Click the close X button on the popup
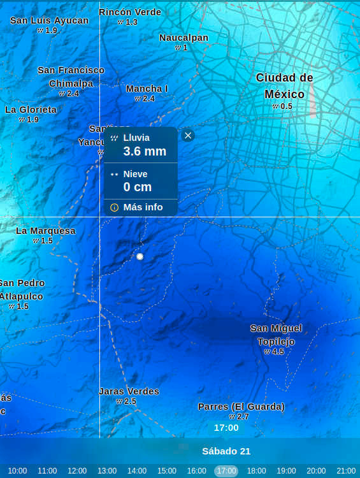pyautogui.click(x=187, y=135)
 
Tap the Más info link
pyautogui.click(x=143, y=207)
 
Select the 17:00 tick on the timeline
pyautogui.click(x=226, y=471)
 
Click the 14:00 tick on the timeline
pyautogui.click(x=136, y=471)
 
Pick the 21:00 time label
pyautogui.click(x=346, y=471)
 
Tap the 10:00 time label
pyautogui.click(x=17, y=471)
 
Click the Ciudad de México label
pyautogui.click(x=284, y=85)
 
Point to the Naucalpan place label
pyautogui.click(x=184, y=38)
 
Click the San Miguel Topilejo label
pyautogui.click(x=276, y=335)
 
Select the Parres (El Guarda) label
pyautogui.click(x=241, y=407)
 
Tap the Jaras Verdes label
pyautogui.click(x=129, y=391)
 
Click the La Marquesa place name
pyautogui.click(x=46, y=231)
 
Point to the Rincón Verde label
pyautogui.click(x=130, y=12)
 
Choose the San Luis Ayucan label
pyautogui.click(x=49, y=20)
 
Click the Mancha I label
pyautogui.click(x=147, y=89)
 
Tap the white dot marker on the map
pyautogui.click(x=140, y=256)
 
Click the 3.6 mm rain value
pyautogui.click(x=145, y=151)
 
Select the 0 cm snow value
pyautogui.click(x=138, y=187)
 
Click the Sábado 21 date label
pyautogui.click(x=226, y=451)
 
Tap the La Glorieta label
pyautogui.click(x=31, y=110)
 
